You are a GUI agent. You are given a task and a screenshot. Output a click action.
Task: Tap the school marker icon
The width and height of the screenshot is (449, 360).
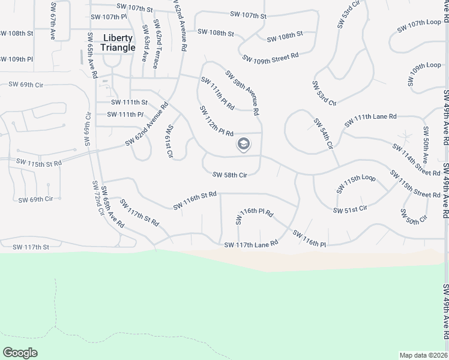pos(244,144)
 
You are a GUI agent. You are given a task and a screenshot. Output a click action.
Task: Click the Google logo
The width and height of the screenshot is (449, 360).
pos(20,352)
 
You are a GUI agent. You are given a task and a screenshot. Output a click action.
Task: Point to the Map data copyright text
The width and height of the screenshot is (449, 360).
pos(424,355)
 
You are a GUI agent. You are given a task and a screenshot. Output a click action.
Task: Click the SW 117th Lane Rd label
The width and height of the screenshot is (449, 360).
pos(251,244)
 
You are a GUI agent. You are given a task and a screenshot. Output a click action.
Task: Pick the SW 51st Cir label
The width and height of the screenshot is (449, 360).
pos(350,209)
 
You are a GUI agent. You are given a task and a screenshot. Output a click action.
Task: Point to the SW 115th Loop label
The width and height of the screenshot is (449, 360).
pos(356,185)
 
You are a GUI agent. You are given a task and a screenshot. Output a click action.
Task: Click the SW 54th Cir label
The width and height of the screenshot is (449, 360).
pos(323,134)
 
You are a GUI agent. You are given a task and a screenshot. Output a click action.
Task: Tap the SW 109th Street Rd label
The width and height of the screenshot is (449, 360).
pos(270,57)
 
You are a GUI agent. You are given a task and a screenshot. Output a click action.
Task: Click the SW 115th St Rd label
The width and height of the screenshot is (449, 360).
pos(39,163)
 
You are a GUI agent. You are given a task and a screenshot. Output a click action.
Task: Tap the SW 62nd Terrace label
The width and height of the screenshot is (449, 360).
pos(157,44)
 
